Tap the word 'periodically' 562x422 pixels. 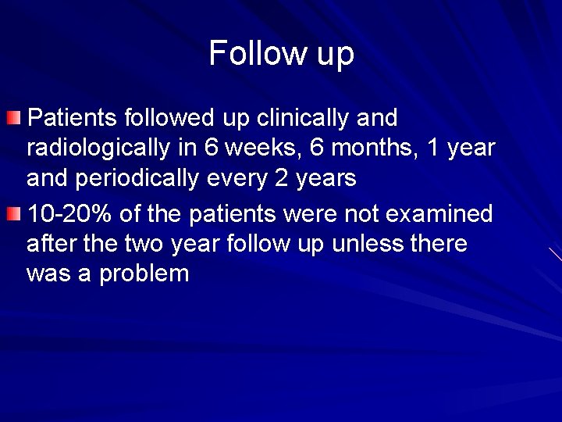tap(140, 179)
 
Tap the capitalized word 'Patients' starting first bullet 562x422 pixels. tap(70, 119)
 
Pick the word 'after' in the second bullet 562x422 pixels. tap(49, 244)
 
